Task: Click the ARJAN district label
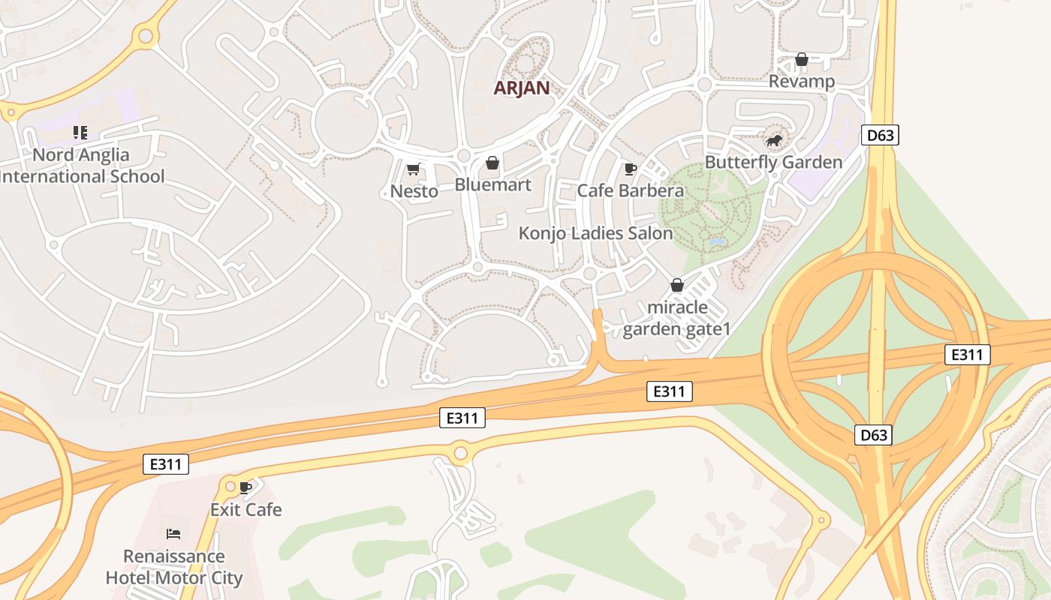click(521, 88)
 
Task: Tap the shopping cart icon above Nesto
click(413, 169)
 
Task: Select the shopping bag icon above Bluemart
click(492, 163)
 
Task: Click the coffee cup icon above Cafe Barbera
click(630, 169)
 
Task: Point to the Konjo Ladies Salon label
click(595, 233)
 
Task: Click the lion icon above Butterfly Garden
click(773, 140)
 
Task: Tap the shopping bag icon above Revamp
click(802, 59)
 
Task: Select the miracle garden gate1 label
click(676, 318)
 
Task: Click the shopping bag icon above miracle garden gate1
click(676, 285)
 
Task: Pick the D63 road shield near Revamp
click(880, 135)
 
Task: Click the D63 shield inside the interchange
click(873, 435)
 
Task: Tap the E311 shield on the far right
click(967, 355)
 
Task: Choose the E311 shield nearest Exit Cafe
click(165, 464)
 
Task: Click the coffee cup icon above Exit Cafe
click(245, 488)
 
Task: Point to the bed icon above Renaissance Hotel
click(173, 534)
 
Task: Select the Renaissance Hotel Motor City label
click(173, 567)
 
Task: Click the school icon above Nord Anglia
click(80, 133)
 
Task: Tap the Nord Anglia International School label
click(81, 166)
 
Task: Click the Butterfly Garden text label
click(773, 162)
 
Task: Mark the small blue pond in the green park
click(717, 243)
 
